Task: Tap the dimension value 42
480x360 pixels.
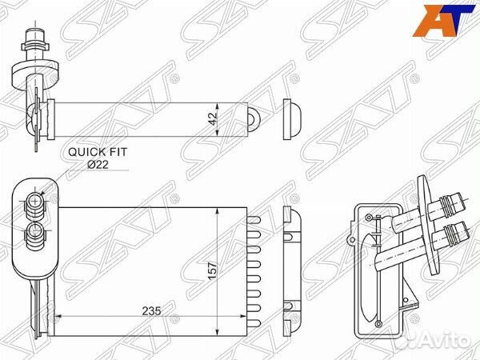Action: click(x=212, y=118)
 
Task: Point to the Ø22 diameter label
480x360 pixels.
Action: click(x=98, y=164)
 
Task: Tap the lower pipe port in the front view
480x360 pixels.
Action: click(x=36, y=232)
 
